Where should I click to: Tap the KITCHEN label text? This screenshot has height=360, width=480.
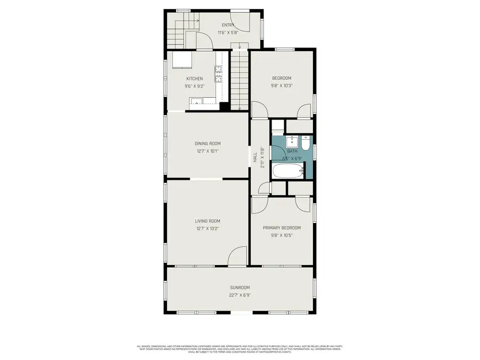coord(179,78)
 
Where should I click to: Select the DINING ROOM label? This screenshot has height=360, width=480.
coord(207,143)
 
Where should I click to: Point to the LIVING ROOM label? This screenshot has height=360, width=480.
coord(207,221)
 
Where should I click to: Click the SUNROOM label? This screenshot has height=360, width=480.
coord(239,287)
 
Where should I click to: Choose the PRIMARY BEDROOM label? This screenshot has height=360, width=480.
coord(282,228)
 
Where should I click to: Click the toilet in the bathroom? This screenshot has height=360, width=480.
coord(305,144)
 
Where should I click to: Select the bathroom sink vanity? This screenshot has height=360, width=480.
coord(291,141)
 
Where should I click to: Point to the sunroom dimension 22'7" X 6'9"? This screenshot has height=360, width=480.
coord(239,295)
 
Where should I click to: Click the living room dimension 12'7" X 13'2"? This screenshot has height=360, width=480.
coord(207,228)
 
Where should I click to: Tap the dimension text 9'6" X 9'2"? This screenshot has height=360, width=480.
coord(179,86)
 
